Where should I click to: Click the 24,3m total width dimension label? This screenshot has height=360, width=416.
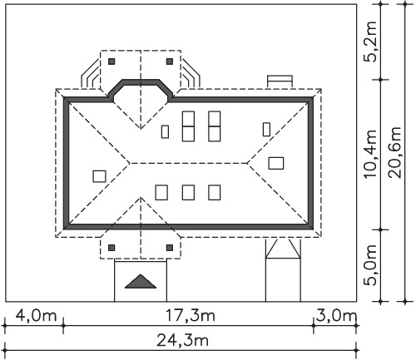click(x=182, y=340)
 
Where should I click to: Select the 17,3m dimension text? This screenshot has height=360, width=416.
click(x=190, y=316)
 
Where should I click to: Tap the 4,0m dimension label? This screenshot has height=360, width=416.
click(x=36, y=316)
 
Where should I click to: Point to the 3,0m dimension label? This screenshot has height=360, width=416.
click(x=336, y=316)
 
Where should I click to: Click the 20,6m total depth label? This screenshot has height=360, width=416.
click(x=395, y=152)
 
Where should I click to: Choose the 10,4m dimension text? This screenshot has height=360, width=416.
click(x=370, y=154)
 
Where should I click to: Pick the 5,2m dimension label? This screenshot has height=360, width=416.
click(x=370, y=42)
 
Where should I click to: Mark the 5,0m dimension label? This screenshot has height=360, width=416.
click(x=370, y=265)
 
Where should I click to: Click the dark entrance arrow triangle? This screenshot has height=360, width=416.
click(x=141, y=283)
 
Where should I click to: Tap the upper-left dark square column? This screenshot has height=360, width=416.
click(x=111, y=62)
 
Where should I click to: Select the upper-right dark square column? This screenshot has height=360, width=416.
click(x=170, y=62)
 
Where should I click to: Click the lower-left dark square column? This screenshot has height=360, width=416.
click(x=111, y=248)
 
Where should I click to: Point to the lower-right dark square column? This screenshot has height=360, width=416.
click(x=170, y=248)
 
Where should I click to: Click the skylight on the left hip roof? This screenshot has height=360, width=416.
click(x=99, y=176)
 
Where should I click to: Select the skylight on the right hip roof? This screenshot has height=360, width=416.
click(x=276, y=163)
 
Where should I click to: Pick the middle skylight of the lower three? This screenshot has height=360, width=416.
click(x=188, y=193)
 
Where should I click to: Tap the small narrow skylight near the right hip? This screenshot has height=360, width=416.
click(x=266, y=130)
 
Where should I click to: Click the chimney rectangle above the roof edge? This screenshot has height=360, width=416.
click(x=280, y=81)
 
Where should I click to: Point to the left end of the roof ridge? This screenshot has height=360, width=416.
click(x=130, y=163)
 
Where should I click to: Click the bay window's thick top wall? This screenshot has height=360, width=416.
click(x=141, y=81)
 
